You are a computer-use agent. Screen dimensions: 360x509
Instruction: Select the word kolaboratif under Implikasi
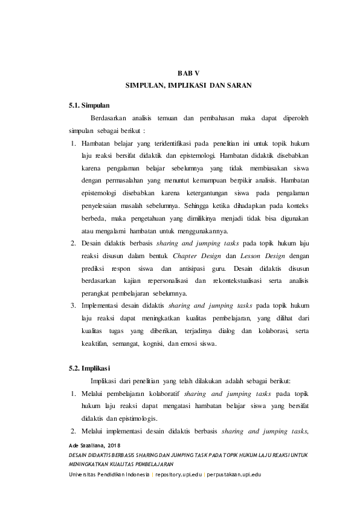[x=160, y=393]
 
